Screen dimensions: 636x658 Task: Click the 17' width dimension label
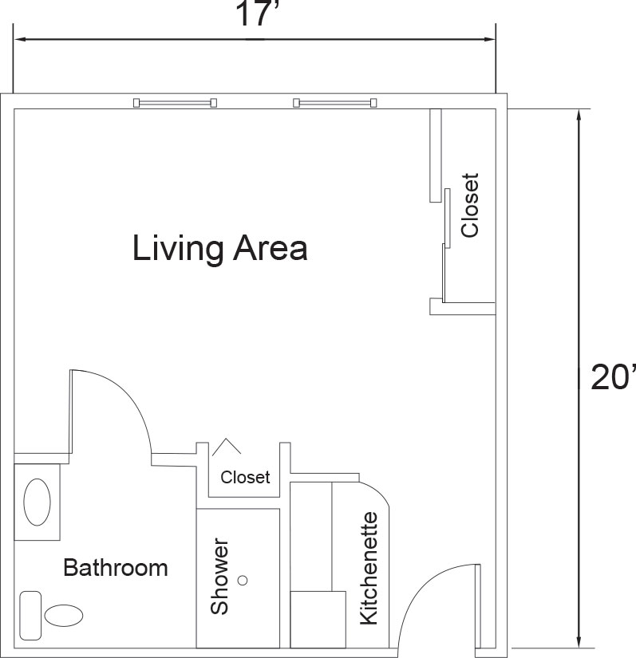click(254, 14)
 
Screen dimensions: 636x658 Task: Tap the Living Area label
click(220, 249)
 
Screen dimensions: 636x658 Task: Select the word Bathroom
click(116, 568)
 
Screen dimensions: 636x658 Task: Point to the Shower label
click(219, 577)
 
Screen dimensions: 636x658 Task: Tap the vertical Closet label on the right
click(469, 206)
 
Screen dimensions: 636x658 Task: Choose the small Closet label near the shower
click(245, 477)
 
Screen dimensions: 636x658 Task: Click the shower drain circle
click(243, 581)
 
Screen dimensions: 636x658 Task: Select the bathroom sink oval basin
click(37, 502)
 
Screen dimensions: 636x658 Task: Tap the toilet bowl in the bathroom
click(63, 616)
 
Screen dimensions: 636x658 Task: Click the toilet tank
click(30, 616)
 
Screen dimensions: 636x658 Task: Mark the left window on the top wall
click(175, 102)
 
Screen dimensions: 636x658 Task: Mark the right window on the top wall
click(334, 102)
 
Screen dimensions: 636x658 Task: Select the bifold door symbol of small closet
click(227, 446)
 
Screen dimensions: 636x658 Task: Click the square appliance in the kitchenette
click(318, 620)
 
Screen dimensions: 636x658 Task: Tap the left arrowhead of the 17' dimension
click(22, 39)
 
